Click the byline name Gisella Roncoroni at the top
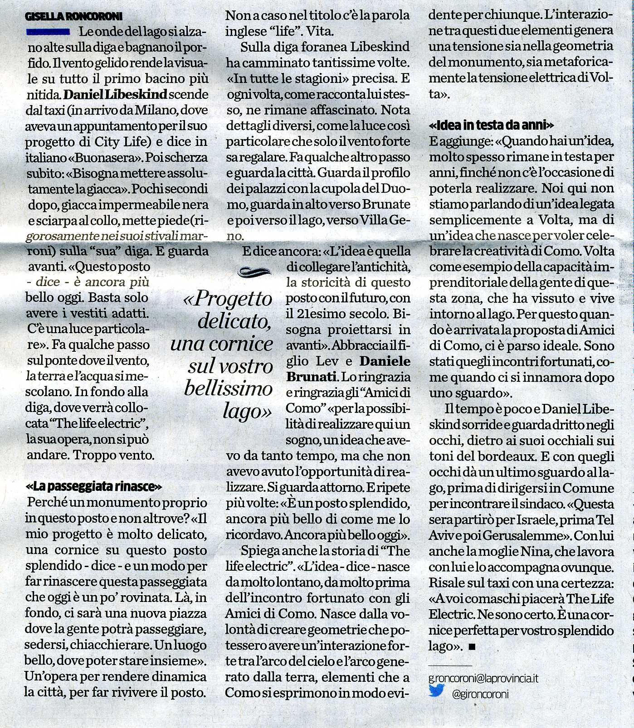tap(74, 17)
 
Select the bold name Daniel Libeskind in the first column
tap(116, 95)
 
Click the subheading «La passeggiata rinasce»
tap(94, 487)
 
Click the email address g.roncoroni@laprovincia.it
tap(483, 679)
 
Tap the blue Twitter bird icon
tap(436, 692)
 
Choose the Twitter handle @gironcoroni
tap(480, 694)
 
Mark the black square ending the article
tap(472, 647)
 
